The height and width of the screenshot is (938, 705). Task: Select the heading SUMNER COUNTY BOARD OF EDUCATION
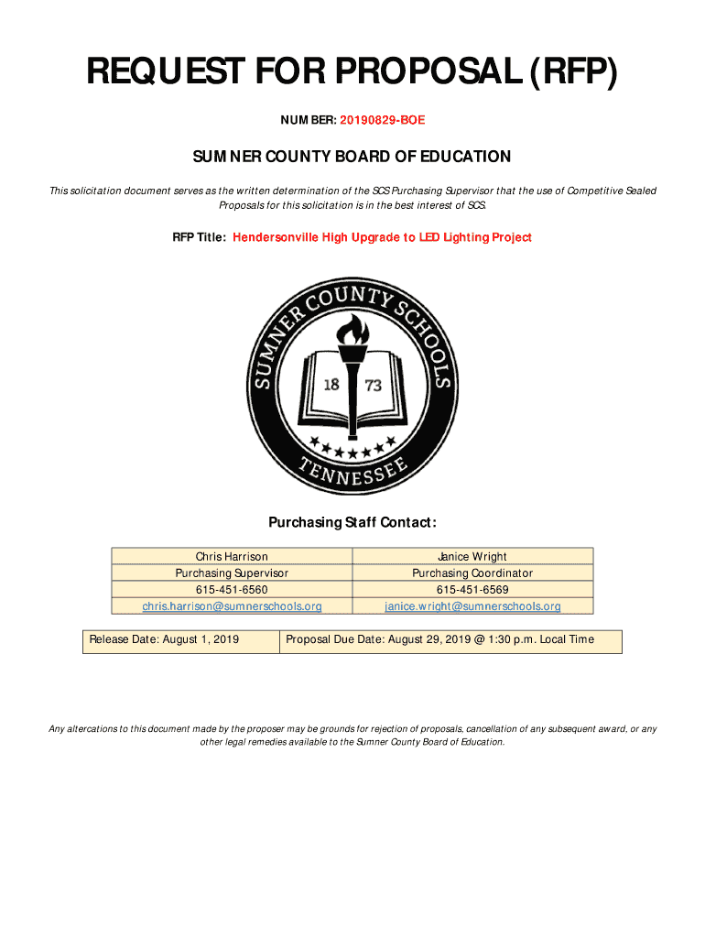point(352,157)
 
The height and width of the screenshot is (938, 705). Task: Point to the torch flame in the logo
point(352,329)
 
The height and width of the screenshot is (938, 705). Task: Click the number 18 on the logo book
point(331,385)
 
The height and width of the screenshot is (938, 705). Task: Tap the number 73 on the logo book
point(374,386)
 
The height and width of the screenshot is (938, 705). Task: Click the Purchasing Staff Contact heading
point(352,522)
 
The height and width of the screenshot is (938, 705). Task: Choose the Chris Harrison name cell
point(232,556)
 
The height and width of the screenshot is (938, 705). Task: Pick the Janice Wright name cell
point(472,556)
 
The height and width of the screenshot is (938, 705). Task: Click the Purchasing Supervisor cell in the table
point(232,573)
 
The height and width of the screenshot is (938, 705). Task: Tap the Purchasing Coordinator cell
point(472,573)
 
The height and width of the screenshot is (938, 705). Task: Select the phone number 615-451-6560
point(232,589)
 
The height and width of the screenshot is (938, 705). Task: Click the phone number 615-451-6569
point(472,589)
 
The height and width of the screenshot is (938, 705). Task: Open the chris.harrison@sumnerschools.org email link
point(232,606)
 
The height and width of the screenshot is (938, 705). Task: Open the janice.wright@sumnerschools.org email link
point(472,606)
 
